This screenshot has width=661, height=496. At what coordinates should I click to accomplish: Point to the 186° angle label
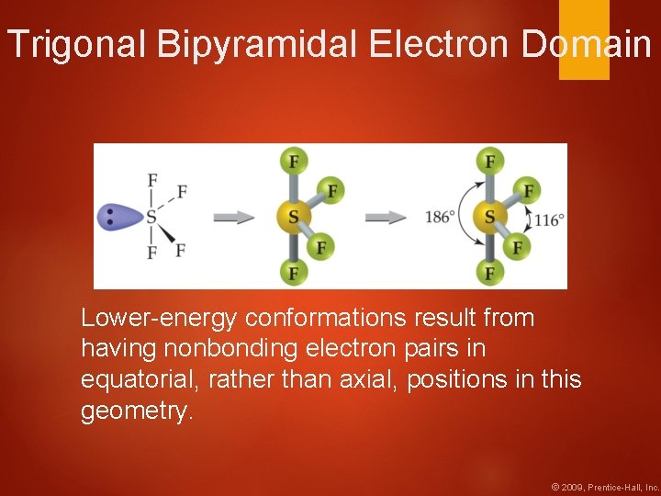coord(441,218)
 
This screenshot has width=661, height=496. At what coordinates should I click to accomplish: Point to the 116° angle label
coord(548,220)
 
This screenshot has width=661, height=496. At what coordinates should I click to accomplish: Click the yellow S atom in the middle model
coord(293,218)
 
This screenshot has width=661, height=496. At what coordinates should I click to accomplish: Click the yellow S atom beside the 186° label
coord(489,218)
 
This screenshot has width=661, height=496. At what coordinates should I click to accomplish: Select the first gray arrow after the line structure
coord(234,218)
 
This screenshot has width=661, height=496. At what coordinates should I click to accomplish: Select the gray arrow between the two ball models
coord(386,218)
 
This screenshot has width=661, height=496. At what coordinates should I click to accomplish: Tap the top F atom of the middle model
coord(293,162)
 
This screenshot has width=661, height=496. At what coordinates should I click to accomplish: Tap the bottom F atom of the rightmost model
coord(489,273)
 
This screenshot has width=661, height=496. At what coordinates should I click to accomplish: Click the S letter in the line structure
coord(151,218)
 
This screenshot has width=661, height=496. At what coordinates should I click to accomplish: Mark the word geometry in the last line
coord(134,411)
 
